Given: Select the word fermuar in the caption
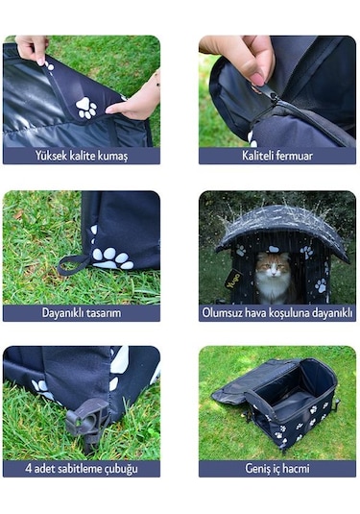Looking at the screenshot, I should (294, 156).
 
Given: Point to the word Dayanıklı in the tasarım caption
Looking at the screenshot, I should (65, 313).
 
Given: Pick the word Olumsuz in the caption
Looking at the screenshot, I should (224, 313).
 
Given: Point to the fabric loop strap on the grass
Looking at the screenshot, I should (72, 264).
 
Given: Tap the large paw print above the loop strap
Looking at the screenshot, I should (112, 257).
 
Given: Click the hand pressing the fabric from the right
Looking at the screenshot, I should (136, 101).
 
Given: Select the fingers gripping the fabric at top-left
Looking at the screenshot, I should (33, 48).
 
